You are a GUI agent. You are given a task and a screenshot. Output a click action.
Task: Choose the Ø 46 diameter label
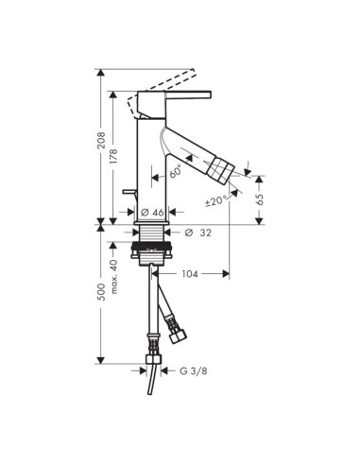(x=150, y=213)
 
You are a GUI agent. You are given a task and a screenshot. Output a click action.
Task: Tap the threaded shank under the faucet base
(x=151, y=236)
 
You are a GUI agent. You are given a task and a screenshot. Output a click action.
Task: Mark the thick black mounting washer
(x=151, y=253)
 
